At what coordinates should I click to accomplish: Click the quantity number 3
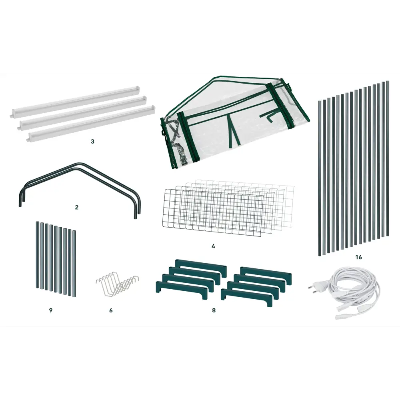tap(92, 141)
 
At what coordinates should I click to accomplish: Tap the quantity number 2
tap(76, 207)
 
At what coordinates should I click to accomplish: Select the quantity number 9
tap(50, 310)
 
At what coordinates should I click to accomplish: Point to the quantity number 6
tap(111, 310)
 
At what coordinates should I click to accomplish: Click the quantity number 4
tap(213, 246)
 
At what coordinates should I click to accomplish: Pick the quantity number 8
tap(214, 310)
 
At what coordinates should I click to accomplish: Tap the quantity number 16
tap(358, 257)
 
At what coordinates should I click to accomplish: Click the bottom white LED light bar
tap(91, 123)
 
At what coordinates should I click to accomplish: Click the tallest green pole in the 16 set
tap(388, 158)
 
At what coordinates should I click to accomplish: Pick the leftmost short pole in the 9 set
tap(37, 255)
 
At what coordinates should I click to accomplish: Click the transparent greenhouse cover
tap(235, 122)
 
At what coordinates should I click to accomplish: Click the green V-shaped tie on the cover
tap(233, 130)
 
